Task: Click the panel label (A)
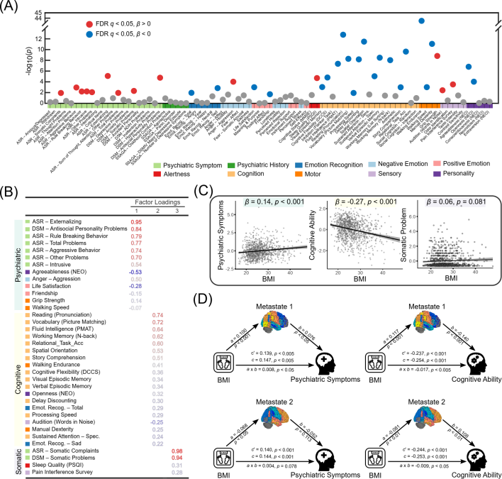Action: (x=12, y=6)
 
